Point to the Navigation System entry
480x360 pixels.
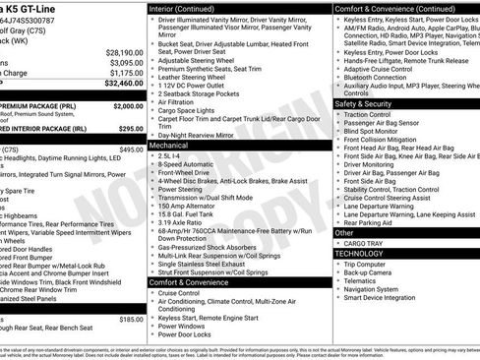pos(375,289)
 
